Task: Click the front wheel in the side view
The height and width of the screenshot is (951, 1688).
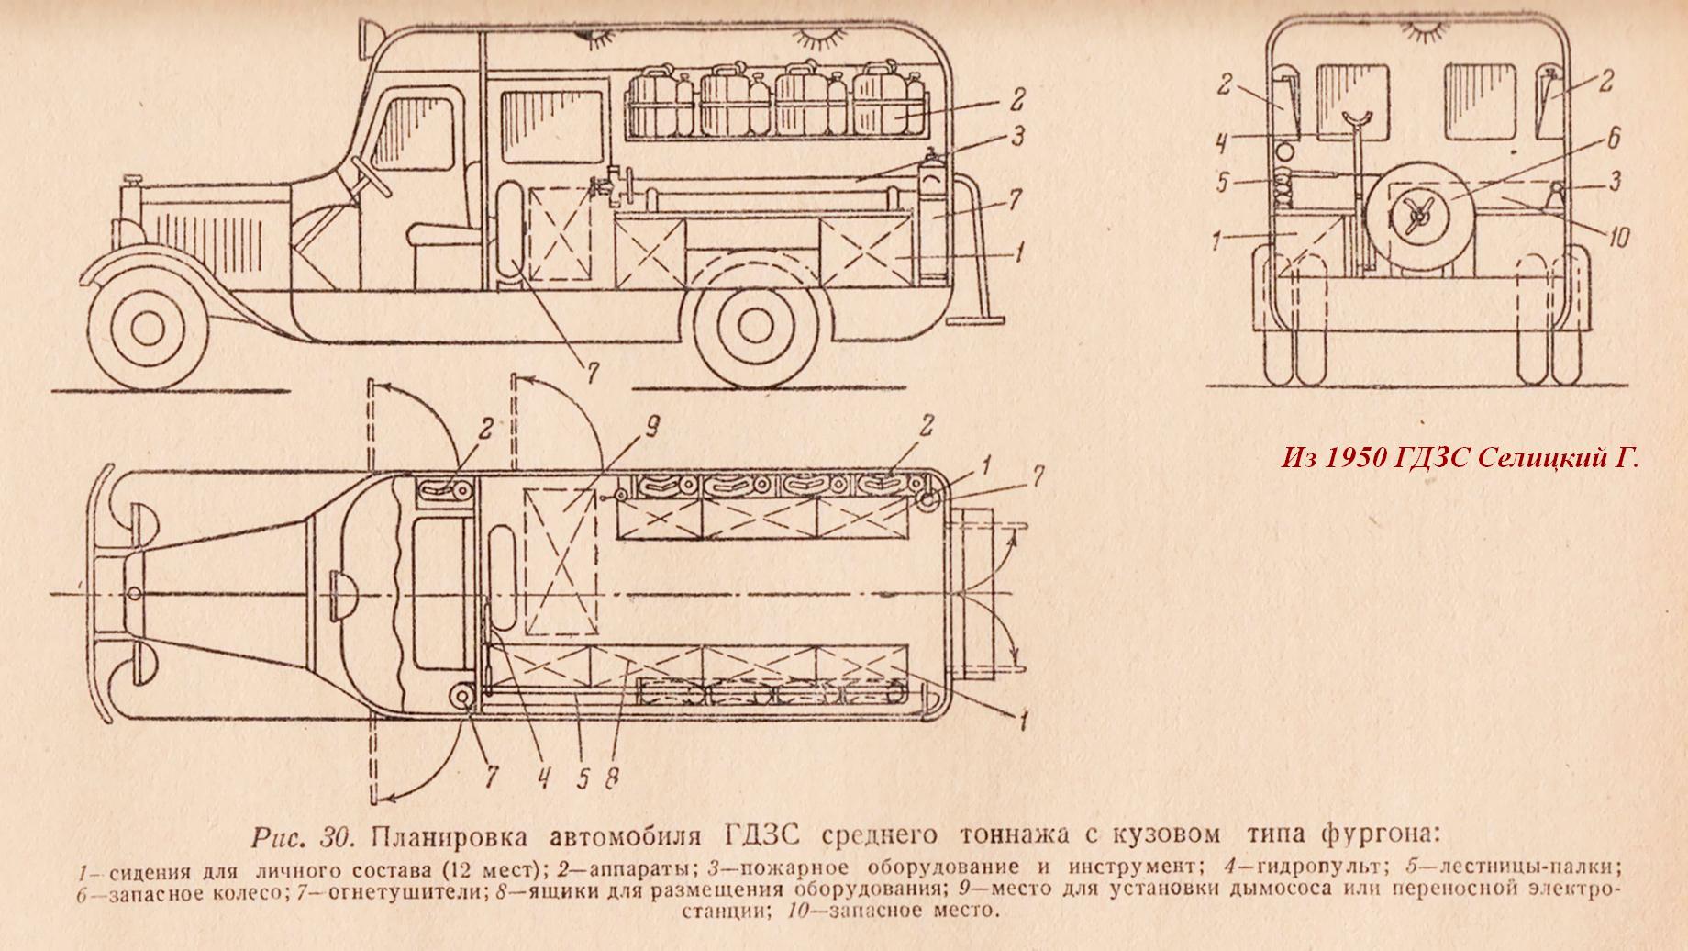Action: coord(147,322)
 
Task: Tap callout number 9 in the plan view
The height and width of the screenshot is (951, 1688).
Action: coord(652,426)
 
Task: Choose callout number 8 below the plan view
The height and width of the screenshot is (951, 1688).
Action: coord(612,777)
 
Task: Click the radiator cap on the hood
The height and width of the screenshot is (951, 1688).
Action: coord(135,178)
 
